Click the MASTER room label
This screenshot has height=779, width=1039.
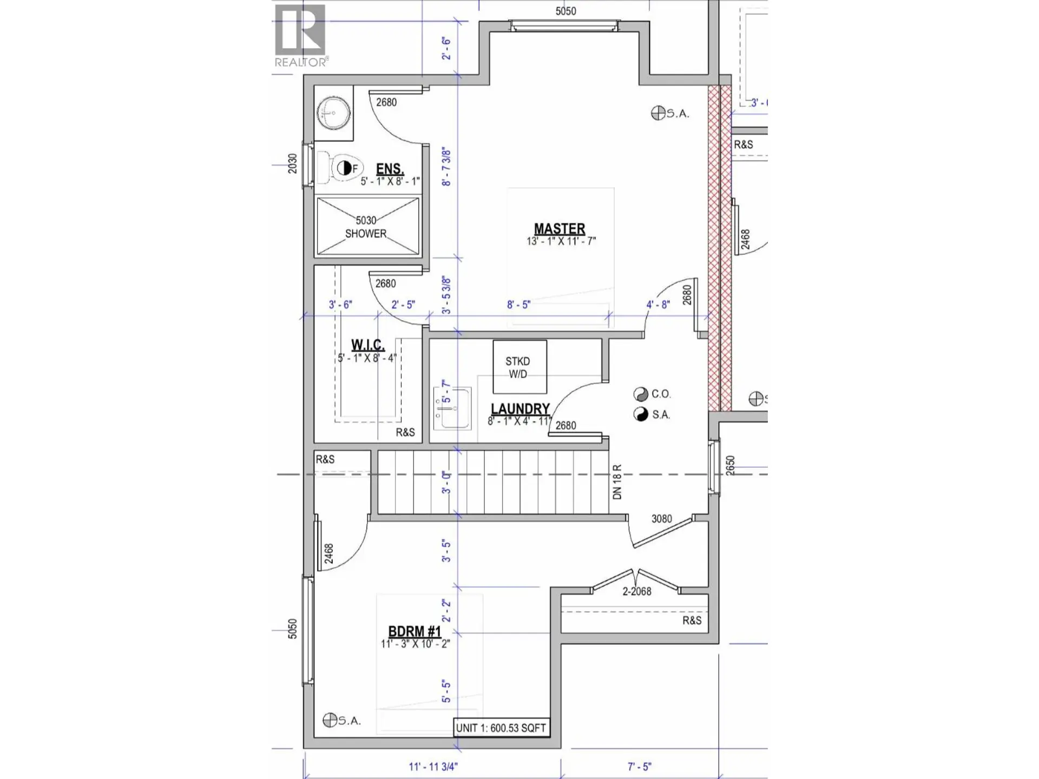560,229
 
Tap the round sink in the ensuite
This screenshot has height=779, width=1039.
333,113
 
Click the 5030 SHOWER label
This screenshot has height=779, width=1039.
366,227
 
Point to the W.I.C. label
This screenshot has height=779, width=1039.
368,345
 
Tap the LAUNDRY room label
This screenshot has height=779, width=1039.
520,409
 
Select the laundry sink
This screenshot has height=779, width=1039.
452,408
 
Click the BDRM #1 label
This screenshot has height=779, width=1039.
415,632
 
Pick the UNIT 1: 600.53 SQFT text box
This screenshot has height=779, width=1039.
501,728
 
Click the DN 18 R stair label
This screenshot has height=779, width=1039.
617,481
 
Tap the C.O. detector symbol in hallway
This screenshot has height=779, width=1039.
641,394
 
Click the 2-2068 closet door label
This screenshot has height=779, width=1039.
636,592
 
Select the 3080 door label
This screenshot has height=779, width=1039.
661,519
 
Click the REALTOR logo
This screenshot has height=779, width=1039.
301,36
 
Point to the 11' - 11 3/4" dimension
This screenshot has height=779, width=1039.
433,767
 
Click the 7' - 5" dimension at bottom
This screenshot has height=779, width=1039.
639,767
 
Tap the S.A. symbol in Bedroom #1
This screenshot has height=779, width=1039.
330,720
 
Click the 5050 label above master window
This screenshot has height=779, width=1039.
565,11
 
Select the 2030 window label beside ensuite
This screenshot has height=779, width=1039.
293,164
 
